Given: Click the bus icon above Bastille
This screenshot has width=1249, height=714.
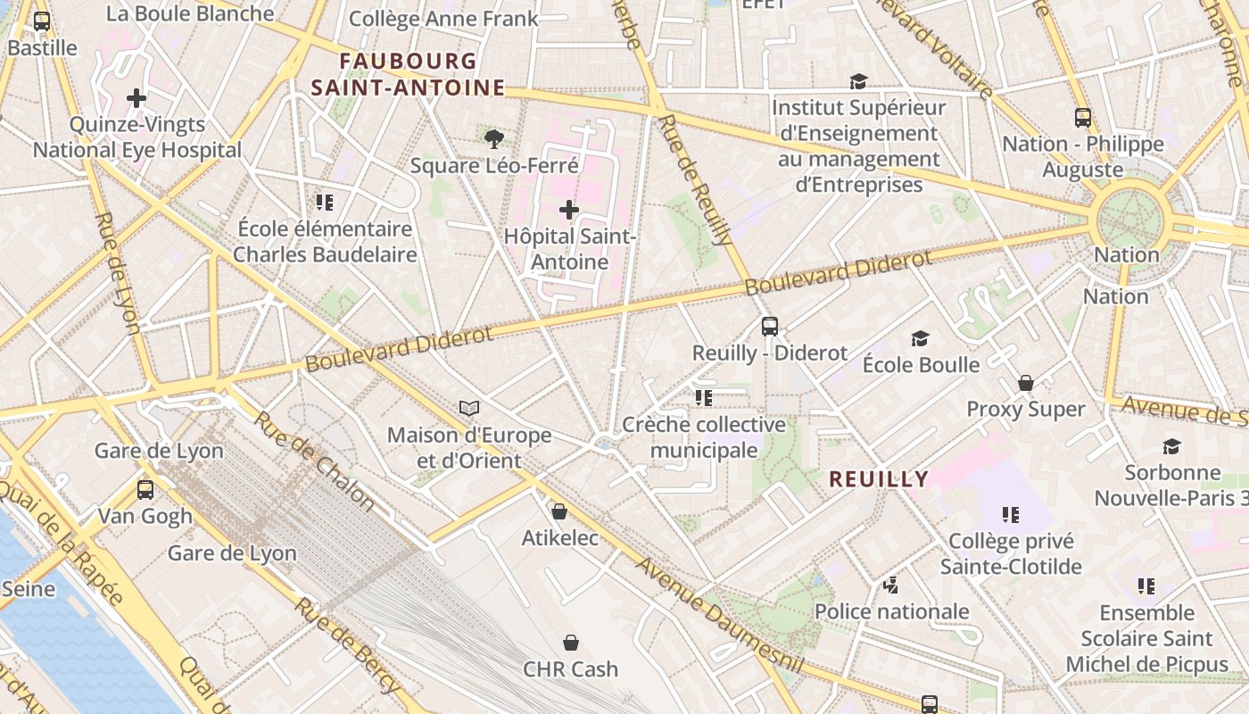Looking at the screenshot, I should click(x=41, y=21).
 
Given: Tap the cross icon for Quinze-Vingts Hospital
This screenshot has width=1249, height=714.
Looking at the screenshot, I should click(x=136, y=97).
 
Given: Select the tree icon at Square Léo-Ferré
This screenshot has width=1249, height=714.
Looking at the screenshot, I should click(x=493, y=138).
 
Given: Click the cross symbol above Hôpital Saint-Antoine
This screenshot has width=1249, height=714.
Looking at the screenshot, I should click(x=568, y=210).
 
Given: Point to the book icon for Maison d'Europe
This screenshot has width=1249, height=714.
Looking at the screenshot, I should click(x=469, y=408).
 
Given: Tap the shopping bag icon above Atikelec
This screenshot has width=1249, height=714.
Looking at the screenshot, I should click(x=559, y=511).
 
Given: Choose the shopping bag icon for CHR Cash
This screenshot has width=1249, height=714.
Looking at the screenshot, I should click(x=571, y=643).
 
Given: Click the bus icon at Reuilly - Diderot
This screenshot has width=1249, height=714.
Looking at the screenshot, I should click(x=770, y=327).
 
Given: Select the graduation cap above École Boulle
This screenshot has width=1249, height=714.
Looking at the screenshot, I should click(x=921, y=338).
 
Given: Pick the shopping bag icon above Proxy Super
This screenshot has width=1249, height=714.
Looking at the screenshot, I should click(x=1026, y=383).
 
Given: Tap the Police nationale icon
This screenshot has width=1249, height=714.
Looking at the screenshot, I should click(x=890, y=585).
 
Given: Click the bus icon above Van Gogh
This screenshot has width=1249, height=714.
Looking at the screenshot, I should click(x=145, y=489).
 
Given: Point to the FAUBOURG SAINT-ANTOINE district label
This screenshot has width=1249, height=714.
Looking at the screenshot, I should click(x=408, y=74).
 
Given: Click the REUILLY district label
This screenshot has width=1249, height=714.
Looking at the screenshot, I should click(x=879, y=479).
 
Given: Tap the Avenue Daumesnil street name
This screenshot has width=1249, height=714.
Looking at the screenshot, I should click(x=720, y=617).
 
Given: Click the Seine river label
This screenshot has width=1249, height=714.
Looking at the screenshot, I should click(x=29, y=589).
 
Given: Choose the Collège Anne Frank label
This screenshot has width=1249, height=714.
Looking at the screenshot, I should click(x=443, y=19).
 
